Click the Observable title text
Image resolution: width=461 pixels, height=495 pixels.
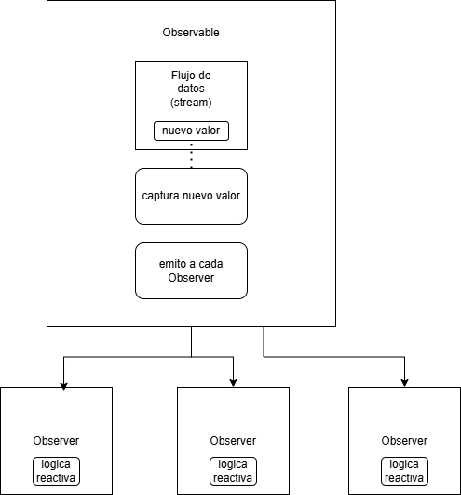click(191, 33)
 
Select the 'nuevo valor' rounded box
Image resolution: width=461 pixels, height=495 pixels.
click(191, 131)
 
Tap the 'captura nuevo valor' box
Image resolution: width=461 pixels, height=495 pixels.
click(191, 196)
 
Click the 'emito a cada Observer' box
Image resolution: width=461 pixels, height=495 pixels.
click(191, 270)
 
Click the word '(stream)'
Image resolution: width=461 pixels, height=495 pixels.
click(191, 103)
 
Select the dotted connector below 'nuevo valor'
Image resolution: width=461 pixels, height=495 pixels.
click(192, 155)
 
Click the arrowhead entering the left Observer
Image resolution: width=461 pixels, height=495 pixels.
click(63, 385)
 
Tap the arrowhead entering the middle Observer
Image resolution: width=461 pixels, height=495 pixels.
click(233, 382)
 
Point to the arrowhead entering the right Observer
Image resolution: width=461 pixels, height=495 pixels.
click(404, 382)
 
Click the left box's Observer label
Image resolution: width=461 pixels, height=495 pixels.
click(56, 441)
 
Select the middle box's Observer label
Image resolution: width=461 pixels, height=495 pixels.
click(233, 441)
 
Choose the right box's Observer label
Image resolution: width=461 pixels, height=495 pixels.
click(404, 441)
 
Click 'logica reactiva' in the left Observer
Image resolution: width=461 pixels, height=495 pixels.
click(56, 471)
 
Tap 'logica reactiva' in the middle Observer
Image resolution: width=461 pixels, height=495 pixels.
click(233, 471)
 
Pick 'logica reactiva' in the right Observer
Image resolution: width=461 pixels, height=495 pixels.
click(404, 471)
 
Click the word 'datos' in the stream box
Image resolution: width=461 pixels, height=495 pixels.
click(191, 89)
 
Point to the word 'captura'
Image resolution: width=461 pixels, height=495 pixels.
click(161, 196)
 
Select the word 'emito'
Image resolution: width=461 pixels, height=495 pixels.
click(171, 264)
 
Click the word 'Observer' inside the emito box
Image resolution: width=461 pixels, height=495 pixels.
click(191, 278)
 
